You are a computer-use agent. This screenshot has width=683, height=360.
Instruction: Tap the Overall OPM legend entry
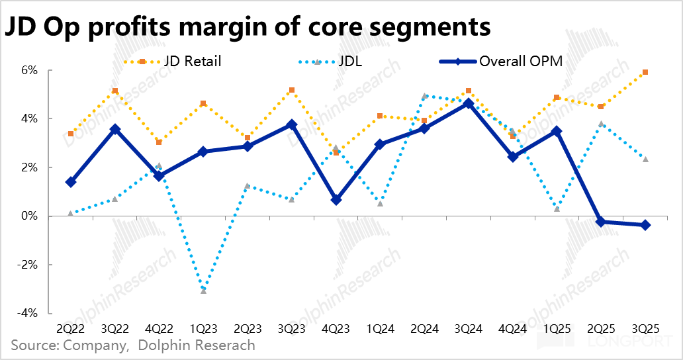(521, 62)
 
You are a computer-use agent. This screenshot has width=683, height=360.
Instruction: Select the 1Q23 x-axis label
(203, 328)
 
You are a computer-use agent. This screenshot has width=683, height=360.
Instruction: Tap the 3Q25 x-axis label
(645, 328)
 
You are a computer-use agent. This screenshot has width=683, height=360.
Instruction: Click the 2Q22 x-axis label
(71, 328)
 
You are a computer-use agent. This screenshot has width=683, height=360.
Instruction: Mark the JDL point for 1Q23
(203, 291)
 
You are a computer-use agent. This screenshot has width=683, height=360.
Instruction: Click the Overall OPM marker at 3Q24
(469, 103)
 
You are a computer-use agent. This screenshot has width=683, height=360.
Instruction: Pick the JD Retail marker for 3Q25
(645, 72)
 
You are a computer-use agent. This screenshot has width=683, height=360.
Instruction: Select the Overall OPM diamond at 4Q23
(336, 199)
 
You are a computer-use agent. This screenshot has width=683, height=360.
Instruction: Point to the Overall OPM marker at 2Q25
(601, 222)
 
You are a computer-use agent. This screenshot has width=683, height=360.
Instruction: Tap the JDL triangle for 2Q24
(424, 96)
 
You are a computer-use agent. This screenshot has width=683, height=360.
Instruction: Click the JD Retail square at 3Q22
(115, 91)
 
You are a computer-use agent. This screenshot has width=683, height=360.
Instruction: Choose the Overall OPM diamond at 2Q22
(71, 182)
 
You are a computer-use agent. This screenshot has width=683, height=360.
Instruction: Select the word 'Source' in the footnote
(33, 345)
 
